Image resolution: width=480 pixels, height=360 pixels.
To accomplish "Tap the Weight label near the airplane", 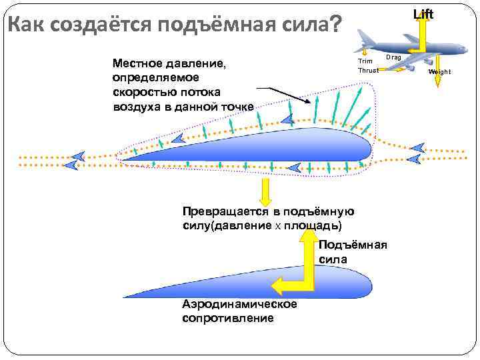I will click(x=439, y=71).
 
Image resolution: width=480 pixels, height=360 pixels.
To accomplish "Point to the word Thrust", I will click(x=368, y=70).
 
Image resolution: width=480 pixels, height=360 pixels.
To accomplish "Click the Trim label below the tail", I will click(x=365, y=61).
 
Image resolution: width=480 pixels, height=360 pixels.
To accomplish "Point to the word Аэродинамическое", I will click(x=239, y=304).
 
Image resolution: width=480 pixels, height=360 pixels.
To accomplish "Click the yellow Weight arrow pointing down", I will click(x=437, y=79).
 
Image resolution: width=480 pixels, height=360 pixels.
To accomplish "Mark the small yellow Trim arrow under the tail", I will click(x=366, y=51).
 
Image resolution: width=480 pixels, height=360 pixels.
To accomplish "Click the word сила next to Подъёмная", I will click(x=333, y=259).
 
